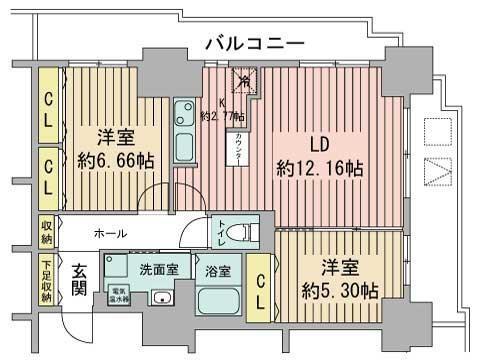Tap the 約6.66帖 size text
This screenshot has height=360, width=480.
(x=110, y=160)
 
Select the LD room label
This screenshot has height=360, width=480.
(x=320, y=141)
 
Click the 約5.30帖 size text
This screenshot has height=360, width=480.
(x=342, y=291)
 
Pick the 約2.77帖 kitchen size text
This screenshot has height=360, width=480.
(x=222, y=116)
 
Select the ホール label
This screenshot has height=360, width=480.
(x=110, y=233)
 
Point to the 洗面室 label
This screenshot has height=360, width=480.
(x=159, y=269)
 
